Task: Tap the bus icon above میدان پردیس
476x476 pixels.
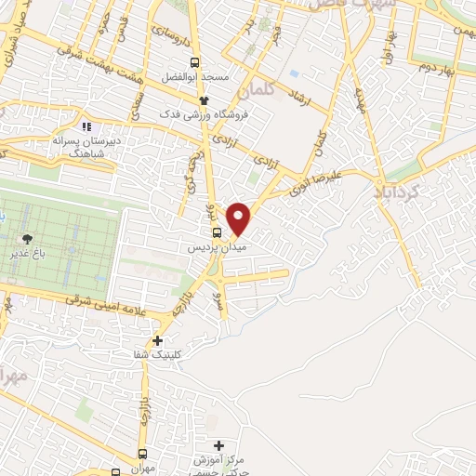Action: (x=217, y=232)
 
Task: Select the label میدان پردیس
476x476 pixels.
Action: (x=216, y=248)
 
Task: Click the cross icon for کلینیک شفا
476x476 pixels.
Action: (x=158, y=340)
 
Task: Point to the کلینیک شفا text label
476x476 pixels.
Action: (x=158, y=355)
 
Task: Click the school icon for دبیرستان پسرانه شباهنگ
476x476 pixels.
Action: (x=86, y=126)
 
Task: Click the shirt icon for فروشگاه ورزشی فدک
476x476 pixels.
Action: (x=205, y=99)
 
